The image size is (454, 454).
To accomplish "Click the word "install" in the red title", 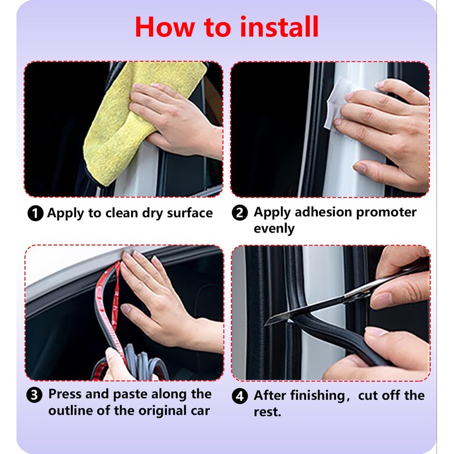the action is pyautogui.click(x=279, y=27).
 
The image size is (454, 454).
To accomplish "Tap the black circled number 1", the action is pyautogui.click(x=35, y=213).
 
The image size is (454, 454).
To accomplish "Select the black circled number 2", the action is pyautogui.click(x=239, y=213).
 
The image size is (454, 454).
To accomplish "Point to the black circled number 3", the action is pyautogui.click(x=34, y=395).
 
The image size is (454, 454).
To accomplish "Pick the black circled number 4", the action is pyautogui.click(x=239, y=396).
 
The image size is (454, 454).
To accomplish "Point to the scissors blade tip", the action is pyautogui.click(x=264, y=325).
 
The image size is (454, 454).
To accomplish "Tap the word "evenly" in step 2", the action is pyautogui.click(x=274, y=229).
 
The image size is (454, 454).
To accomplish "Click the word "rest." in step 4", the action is pyautogui.click(x=267, y=412).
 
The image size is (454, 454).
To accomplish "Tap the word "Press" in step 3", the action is pyautogui.click(x=65, y=394).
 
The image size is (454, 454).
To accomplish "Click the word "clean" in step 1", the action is pyautogui.click(x=121, y=213).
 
